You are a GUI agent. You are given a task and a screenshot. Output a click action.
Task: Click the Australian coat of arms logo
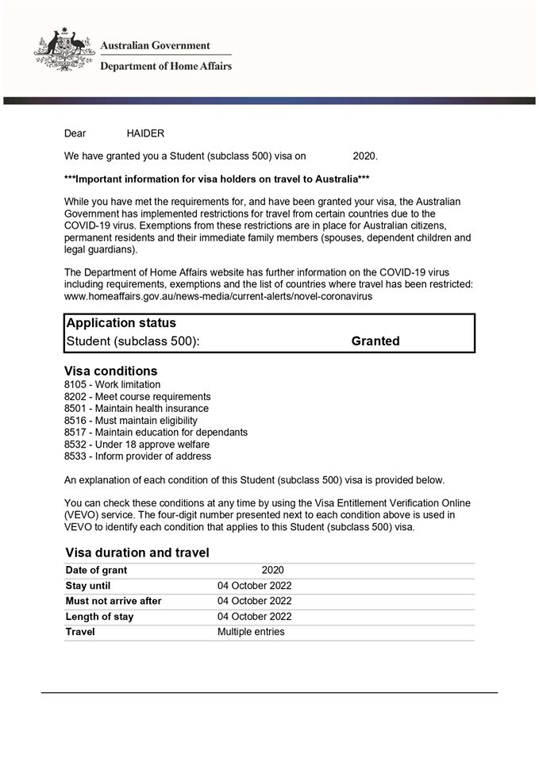coord(64,51)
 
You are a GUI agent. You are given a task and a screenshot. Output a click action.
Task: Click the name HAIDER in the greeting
coord(145,134)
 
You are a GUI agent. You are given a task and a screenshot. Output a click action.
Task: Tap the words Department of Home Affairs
coord(165,67)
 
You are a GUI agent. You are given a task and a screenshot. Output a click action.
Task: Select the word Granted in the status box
coord(375,341)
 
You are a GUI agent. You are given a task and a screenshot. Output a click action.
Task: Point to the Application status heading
coord(121,324)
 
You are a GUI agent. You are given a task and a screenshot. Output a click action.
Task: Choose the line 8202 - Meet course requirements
coord(137,397)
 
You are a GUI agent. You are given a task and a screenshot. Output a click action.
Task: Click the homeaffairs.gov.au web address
coord(218,296)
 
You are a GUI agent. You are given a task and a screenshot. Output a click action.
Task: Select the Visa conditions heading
coord(110,371)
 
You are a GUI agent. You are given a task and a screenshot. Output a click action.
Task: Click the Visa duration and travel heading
coord(137,553)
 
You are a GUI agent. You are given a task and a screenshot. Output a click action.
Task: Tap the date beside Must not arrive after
coord(255,601)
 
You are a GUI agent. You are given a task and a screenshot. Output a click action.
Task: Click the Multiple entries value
coord(251,632)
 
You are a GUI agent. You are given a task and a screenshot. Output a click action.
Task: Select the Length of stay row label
coord(99,617)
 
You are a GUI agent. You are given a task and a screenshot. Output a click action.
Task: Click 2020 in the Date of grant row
coord(272,570)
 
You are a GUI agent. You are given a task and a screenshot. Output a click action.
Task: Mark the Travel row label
coord(80,632)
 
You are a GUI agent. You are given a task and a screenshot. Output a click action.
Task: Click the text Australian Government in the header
coord(155,46)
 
